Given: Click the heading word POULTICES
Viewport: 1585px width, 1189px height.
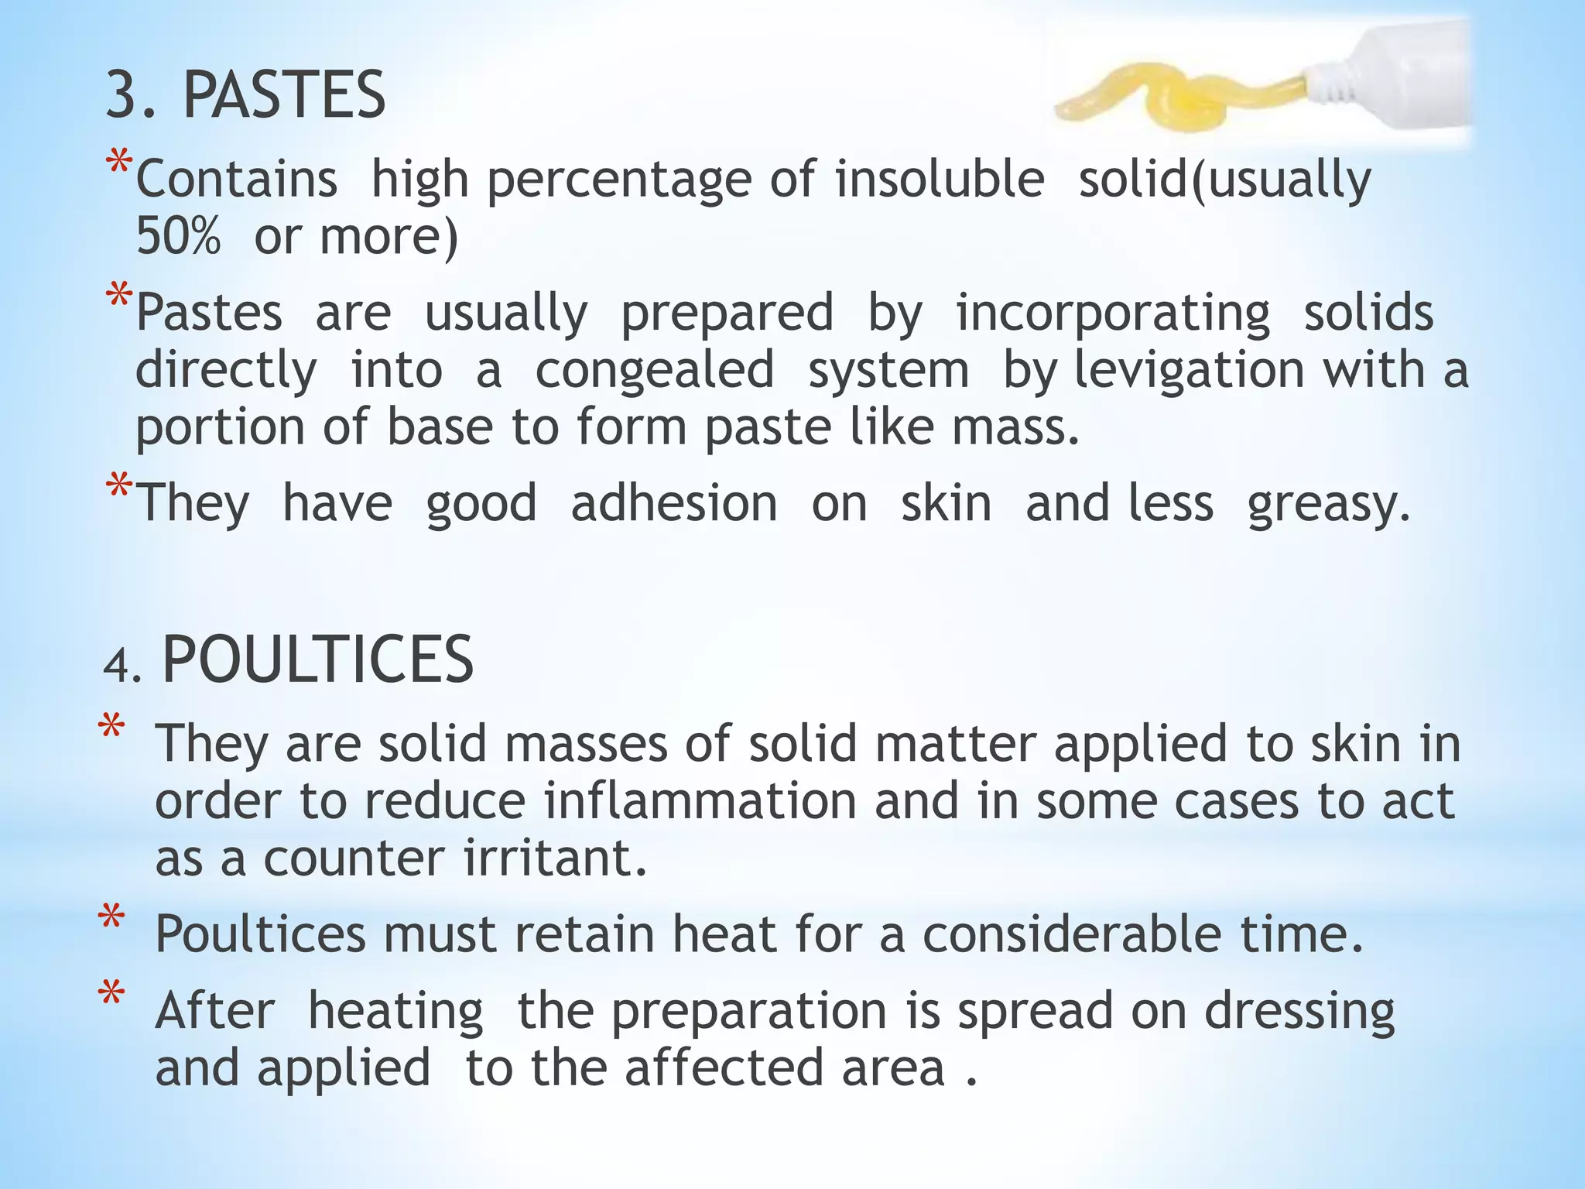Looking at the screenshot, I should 317,660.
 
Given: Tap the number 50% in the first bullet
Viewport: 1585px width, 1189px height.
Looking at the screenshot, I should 178,236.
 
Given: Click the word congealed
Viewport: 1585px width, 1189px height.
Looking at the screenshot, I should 655,370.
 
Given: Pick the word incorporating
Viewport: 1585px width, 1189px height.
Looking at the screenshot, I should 1113,314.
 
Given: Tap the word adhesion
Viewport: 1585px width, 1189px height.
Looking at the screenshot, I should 674,504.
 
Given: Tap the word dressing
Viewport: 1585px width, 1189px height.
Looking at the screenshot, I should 1299,1012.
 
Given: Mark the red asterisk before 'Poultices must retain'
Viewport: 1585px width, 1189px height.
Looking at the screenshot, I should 111,920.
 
